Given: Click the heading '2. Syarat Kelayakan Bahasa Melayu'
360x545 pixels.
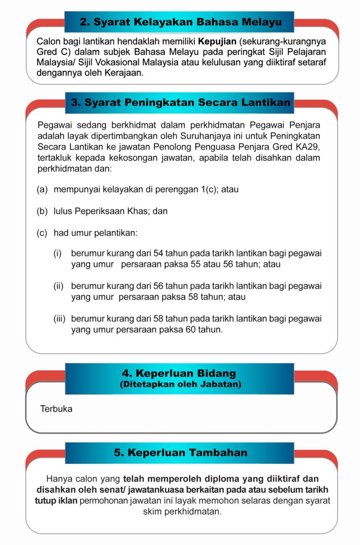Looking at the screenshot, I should (180, 22).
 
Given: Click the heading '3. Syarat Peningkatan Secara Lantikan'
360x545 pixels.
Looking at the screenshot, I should (180, 103).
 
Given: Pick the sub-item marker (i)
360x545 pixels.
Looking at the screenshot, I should (57, 253).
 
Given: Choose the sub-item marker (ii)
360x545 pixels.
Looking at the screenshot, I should (58, 286).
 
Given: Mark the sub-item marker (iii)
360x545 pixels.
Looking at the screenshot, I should (60, 319).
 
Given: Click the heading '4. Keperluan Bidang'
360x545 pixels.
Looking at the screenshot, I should (179, 373).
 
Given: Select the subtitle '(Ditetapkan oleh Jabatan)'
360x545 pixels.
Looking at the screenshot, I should (180, 384).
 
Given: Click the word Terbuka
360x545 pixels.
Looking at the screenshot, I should (57, 409).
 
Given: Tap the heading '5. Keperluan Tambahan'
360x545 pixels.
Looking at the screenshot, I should (180, 452).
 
